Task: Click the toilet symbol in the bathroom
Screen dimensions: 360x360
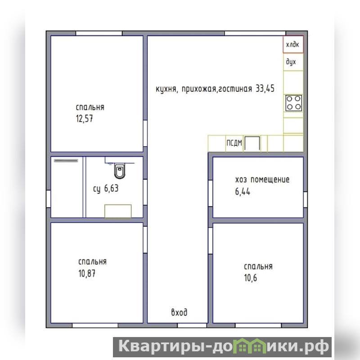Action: point(120,171)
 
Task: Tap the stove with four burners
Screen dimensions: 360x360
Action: point(294,103)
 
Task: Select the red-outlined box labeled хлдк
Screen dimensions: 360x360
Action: point(293,44)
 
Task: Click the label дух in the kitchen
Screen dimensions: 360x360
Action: point(291,62)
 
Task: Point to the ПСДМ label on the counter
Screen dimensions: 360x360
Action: point(234,143)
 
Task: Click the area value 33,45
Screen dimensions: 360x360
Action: point(265,88)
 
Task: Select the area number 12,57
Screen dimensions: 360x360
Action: point(85,119)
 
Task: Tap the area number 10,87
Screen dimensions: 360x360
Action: point(87,274)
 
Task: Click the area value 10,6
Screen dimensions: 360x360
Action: point(251,278)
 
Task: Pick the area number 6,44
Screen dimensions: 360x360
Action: point(243,192)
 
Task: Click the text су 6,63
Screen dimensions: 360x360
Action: point(106,189)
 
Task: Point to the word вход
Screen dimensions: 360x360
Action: point(179,312)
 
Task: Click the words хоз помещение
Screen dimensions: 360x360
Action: point(262,180)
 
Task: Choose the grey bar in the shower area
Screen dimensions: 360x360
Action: point(66,161)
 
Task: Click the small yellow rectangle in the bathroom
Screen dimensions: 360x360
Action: point(118,211)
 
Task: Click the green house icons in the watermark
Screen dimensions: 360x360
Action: point(250,346)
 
